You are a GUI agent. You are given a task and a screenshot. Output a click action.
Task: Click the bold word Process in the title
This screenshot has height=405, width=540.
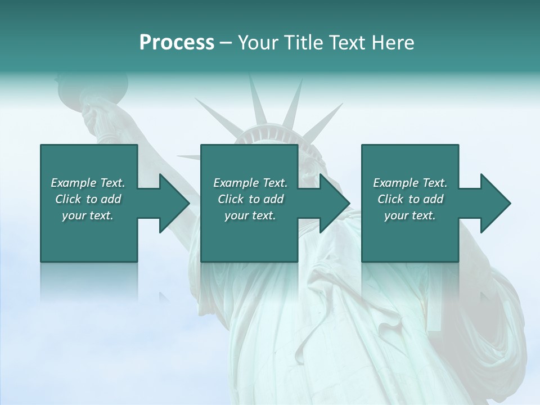click(x=177, y=43)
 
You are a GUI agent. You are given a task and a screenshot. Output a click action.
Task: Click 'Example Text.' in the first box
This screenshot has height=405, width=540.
click(x=88, y=182)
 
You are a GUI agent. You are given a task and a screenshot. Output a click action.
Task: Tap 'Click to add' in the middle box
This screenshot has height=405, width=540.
click(x=250, y=199)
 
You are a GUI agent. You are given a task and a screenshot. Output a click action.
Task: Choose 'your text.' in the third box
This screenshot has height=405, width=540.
click(x=410, y=215)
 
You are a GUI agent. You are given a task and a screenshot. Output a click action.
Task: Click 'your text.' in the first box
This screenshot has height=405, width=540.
click(x=88, y=215)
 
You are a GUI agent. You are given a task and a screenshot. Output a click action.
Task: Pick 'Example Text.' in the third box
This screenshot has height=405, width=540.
click(x=410, y=182)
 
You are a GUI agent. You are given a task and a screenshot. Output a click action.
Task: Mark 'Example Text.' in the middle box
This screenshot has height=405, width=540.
click(x=250, y=182)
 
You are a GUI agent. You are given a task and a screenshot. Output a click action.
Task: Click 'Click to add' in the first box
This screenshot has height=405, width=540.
click(x=88, y=199)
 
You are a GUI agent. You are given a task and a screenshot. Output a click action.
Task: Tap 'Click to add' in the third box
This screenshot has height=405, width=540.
click(x=410, y=199)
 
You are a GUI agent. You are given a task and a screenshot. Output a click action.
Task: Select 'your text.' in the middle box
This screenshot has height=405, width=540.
click(x=250, y=215)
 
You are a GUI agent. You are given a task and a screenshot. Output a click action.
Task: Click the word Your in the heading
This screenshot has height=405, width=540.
click(x=257, y=43)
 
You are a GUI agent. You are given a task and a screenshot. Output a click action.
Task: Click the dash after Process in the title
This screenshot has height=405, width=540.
click(x=226, y=43)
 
